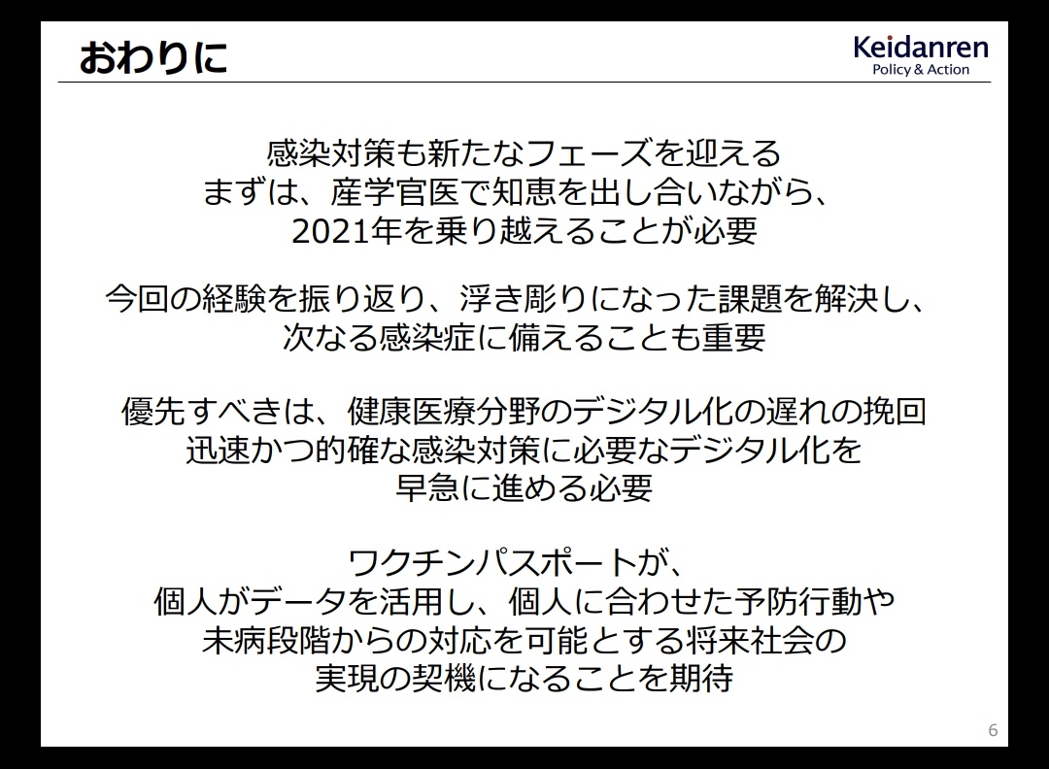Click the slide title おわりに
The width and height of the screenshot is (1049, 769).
(153, 57)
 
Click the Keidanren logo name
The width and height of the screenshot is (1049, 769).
(921, 48)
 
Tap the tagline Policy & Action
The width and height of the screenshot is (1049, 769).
(921, 70)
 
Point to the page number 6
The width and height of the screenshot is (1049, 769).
(993, 729)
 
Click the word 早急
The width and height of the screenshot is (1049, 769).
(426, 488)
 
